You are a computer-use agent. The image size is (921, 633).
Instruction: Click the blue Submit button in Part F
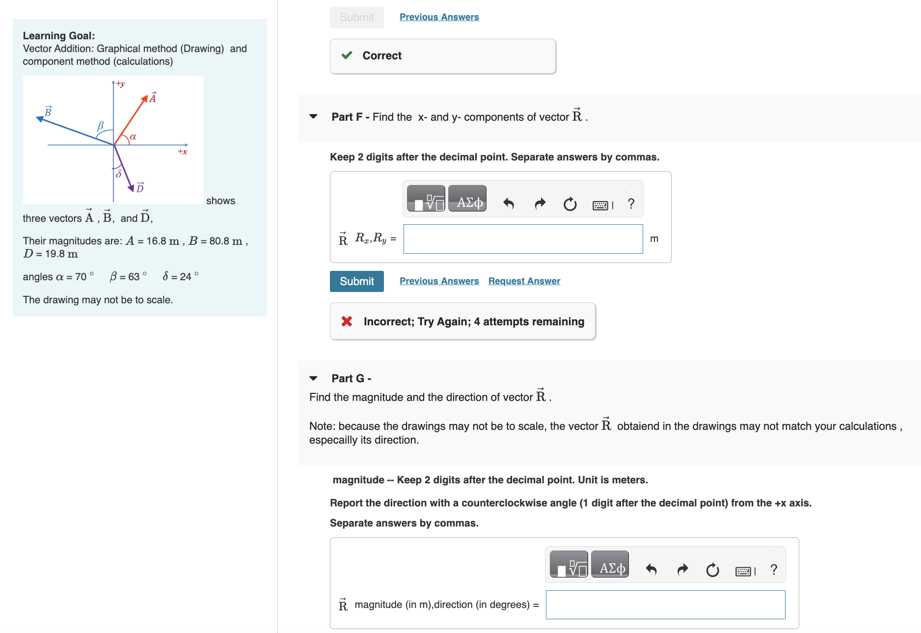[356, 281]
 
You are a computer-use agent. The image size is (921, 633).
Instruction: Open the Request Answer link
[524, 281]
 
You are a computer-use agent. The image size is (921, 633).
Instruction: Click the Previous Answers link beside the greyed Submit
[439, 17]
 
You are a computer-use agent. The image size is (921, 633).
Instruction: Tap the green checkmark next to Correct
[347, 55]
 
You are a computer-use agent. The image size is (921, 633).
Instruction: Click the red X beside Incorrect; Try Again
[347, 321]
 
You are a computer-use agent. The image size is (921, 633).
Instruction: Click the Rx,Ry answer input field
[523, 239]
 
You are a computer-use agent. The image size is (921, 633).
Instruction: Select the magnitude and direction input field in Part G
[665, 605]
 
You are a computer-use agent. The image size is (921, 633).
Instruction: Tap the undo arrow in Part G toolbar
[651, 569]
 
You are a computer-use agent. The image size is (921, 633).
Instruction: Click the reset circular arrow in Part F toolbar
[569, 204]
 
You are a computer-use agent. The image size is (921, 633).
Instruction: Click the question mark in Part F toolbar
[631, 203]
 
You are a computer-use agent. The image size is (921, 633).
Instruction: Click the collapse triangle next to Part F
[313, 117]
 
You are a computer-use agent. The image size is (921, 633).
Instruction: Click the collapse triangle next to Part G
[313, 378]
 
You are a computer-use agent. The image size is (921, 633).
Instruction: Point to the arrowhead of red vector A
[145, 99]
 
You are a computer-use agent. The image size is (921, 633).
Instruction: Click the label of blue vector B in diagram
[48, 111]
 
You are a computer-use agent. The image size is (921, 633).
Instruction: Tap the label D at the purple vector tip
[140, 187]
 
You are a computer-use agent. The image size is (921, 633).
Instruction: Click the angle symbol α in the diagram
[133, 137]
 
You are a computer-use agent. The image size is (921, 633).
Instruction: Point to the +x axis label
[182, 152]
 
